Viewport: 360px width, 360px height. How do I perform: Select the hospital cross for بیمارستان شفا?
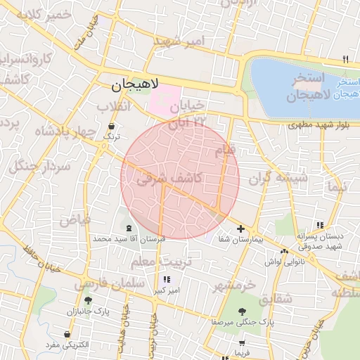241,229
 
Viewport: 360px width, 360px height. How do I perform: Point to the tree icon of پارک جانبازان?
88,300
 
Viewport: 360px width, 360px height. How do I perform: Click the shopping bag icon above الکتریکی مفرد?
67,335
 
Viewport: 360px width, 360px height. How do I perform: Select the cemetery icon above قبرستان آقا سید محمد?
129,228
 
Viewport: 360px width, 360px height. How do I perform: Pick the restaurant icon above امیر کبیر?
166,280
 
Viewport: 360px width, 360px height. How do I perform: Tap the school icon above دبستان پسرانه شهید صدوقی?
320,225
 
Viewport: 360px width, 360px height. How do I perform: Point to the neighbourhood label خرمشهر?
235,285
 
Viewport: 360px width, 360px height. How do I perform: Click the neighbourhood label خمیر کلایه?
46,15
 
